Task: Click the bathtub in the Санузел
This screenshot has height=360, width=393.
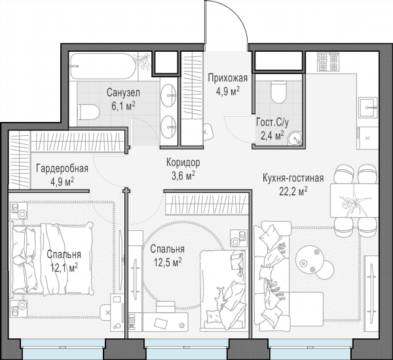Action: click(103, 66)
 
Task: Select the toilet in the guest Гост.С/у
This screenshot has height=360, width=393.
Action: click(278, 92)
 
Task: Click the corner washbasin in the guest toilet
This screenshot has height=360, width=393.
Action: click(295, 139)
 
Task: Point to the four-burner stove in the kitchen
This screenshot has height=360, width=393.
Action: click(329, 62)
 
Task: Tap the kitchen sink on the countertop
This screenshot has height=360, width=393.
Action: click(368, 108)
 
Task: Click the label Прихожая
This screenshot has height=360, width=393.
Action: click(227, 79)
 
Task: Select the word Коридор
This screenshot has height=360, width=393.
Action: click(183, 163)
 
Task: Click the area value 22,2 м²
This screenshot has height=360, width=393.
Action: click(293, 191)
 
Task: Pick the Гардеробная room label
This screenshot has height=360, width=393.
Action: click(62, 169)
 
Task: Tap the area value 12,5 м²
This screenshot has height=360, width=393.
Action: click(168, 263)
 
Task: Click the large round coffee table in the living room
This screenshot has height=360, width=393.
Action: click(309, 259)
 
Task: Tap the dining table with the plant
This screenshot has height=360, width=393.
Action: click(354, 201)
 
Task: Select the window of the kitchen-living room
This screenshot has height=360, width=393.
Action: click(310, 350)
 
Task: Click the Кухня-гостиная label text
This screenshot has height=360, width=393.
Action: click(293, 178)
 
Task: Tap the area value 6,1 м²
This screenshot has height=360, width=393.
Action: click(123, 106)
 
